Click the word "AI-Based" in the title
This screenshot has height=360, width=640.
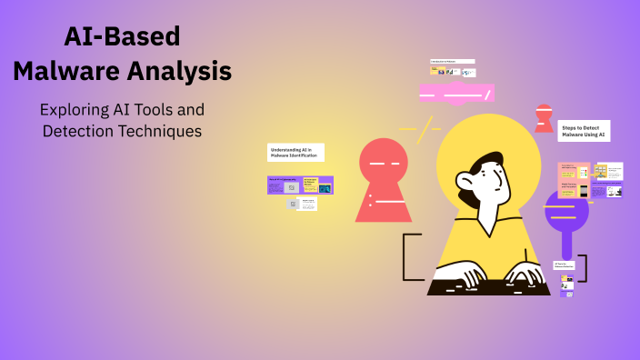tap(123, 35)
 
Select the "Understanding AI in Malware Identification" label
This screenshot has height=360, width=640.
tap(295, 152)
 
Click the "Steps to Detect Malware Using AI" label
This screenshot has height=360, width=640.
tap(583, 131)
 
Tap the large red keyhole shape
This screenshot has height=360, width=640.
tap(384, 181)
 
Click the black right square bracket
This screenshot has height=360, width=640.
tap(584, 268)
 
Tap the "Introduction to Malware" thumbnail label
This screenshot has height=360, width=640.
tap(452, 62)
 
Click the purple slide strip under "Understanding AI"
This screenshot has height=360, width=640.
tap(300, 185)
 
